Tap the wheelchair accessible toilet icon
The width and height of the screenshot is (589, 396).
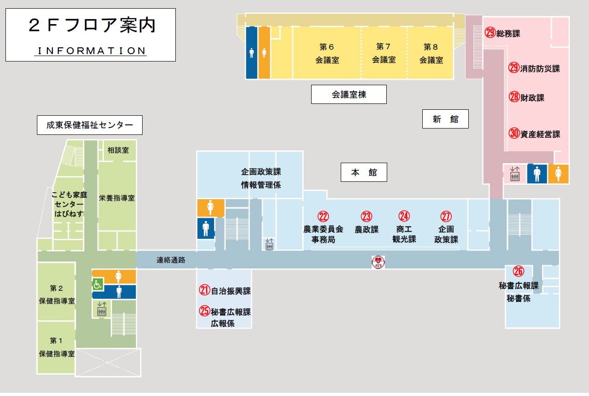(97, 285)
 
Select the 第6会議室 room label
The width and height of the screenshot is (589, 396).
(327, 53)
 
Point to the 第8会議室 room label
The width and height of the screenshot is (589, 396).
(431, 53)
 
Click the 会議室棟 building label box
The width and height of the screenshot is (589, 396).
(349, 95)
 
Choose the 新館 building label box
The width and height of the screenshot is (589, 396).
(446, 119)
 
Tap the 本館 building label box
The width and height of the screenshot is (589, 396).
(364, 172)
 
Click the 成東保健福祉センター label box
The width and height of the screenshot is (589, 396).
(90, 125)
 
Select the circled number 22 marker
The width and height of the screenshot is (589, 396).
(323, 216)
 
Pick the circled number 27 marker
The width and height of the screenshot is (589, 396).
(446, 216)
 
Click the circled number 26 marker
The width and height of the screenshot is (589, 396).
(518, 272)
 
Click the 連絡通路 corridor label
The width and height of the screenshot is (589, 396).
(171, 260)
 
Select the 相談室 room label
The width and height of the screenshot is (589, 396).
(118, 150)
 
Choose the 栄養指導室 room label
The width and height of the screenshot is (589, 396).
(117, 198)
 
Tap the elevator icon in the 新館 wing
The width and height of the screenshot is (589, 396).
(515, 174)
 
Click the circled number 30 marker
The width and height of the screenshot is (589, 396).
(514, 134)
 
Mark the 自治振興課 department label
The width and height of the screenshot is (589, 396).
(231, 291)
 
